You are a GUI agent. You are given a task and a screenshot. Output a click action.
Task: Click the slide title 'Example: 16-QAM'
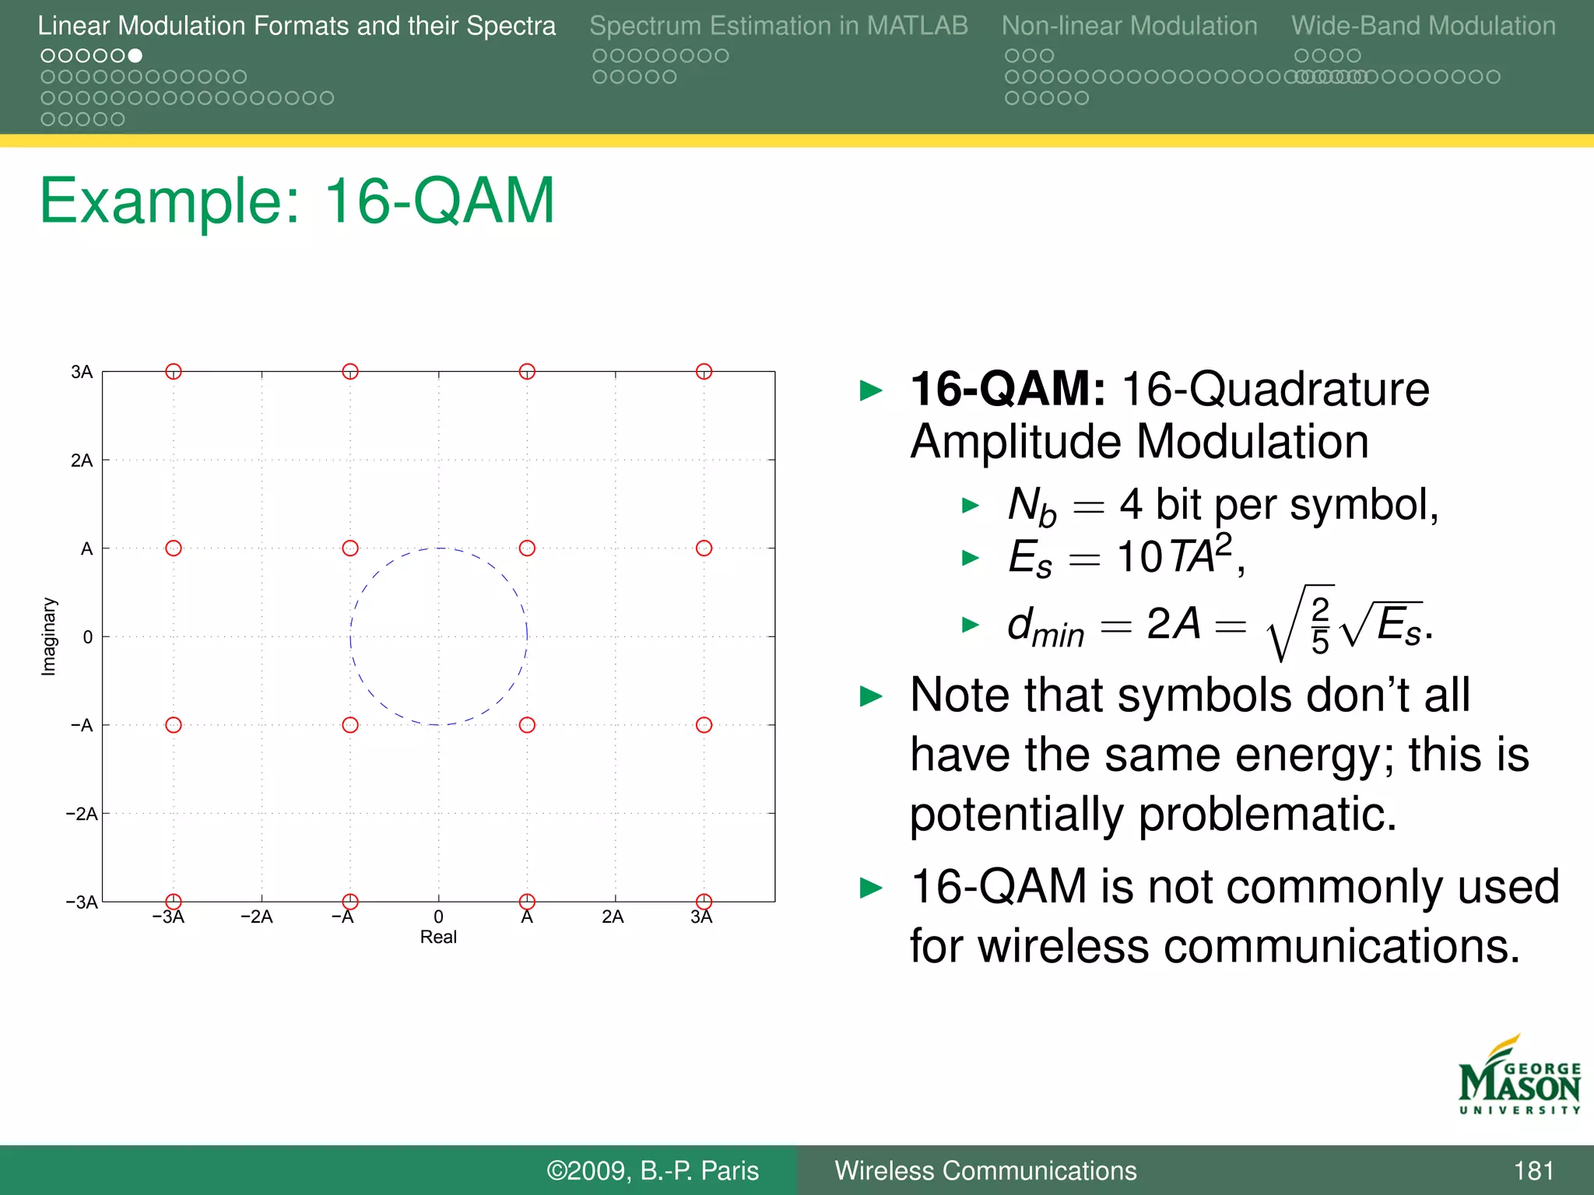tap(297, 202)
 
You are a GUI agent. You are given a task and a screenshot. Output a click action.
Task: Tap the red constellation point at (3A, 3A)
tap(704, 371)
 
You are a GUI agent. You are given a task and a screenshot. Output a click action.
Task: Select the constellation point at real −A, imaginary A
tap(350, 548)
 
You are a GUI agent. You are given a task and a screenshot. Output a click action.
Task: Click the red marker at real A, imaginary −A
tap(527, 725)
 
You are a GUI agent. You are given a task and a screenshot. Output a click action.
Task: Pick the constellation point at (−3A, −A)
tap(174, 725)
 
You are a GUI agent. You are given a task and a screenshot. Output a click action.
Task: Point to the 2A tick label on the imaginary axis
tap(82, 461)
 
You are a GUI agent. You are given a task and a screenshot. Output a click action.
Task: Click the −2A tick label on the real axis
tap(257, 917)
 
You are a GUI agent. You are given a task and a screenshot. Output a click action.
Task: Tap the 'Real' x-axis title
tap(438, 937)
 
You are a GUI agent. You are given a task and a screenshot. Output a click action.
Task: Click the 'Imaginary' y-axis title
tap(49, 636)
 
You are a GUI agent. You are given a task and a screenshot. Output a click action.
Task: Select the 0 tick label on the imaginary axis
tap(87, 637)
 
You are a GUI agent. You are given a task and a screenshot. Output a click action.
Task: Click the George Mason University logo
tap(1519, 1077)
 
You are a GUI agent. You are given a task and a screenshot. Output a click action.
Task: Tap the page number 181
tap(1533, 1171)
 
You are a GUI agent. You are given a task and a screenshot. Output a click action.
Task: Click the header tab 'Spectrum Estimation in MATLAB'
tap(778, 26)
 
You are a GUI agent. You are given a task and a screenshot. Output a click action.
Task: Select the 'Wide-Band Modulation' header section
tap(1423, 26)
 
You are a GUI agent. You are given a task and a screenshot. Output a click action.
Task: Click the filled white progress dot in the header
tap(135, 55)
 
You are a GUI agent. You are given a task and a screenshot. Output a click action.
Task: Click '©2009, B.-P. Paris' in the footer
tap(652, 1171)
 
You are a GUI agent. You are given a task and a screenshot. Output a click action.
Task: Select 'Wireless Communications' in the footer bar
tap(985, 1171)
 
